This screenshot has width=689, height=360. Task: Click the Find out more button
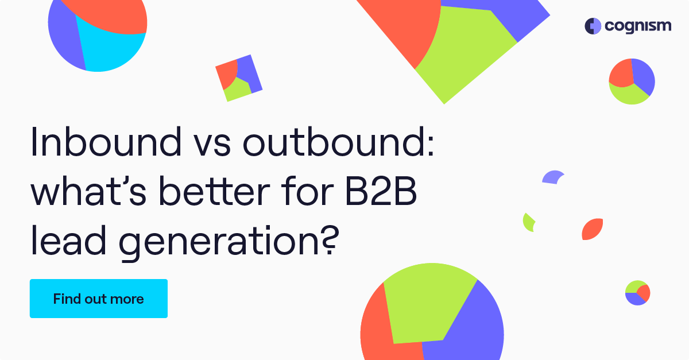click(98, 299)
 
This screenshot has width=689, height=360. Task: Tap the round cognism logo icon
click(593, 26)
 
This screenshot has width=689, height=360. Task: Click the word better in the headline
click(216, 194)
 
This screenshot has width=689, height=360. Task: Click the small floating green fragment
click(528, 222)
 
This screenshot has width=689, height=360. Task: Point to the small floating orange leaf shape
click(592, 229)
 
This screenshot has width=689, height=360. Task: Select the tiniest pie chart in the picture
click(637, 293)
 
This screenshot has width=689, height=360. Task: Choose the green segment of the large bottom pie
click(428, 304)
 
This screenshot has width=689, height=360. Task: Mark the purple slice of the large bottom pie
click(471, 333)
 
